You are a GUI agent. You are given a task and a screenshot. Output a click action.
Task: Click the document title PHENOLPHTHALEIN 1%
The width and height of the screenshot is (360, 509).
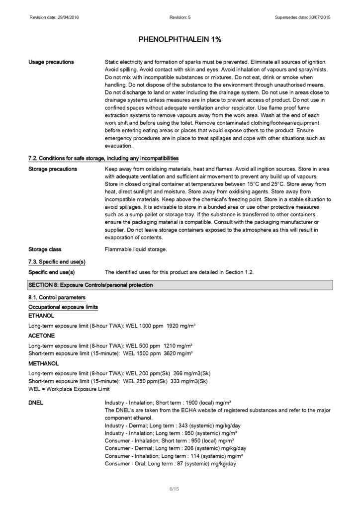pyautogui.click(x=180, y=39)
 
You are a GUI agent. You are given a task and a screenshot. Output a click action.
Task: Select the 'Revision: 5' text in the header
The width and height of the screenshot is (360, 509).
pyautogui.click(x=180, y=18)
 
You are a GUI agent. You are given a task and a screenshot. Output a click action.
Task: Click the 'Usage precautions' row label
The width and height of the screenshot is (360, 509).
pyautogui.click(x=51, y=62)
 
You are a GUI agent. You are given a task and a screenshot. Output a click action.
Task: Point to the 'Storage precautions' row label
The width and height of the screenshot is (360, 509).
pyautogui.click(x=53, y=169)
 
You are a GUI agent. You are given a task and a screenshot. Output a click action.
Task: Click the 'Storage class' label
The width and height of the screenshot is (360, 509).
pyautogui.click(x=45, y=249)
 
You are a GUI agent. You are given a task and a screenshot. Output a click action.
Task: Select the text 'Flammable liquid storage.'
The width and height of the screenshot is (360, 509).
pyautogui.click(x=136, y=249)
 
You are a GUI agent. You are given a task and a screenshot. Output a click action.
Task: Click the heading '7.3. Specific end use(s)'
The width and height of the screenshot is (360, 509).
pyautogui.click(x=57, y=261)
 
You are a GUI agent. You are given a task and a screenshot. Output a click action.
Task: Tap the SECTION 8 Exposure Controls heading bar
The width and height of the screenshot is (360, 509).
pyautogui.click(x=180, y=285)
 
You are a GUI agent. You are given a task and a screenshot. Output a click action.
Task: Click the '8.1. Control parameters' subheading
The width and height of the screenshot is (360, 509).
pyautogui.click(x=57, y=298)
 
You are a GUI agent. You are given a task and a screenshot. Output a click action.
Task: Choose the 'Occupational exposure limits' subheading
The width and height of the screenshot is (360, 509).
pyautogui.click(x=63, y=307)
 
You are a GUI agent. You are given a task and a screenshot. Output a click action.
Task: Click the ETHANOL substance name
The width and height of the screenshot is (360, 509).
pyautogui.click(x=41, y=316)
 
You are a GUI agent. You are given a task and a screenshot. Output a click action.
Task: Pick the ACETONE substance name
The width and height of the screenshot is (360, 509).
pyautogui.click(x=41, y=336)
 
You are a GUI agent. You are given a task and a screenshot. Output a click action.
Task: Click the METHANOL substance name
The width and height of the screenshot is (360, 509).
pyautogui.click(x=44, y=363)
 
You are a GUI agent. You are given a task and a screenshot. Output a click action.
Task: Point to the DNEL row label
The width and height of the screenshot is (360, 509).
pyautogui.click(x=36, y=403)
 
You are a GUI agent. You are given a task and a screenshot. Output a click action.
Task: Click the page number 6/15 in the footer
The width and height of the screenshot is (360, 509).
pyautogui.click(x=174, y=490)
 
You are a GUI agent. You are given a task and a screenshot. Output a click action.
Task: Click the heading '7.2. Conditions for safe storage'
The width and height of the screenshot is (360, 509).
pyautogui.click(x=103, y=159)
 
